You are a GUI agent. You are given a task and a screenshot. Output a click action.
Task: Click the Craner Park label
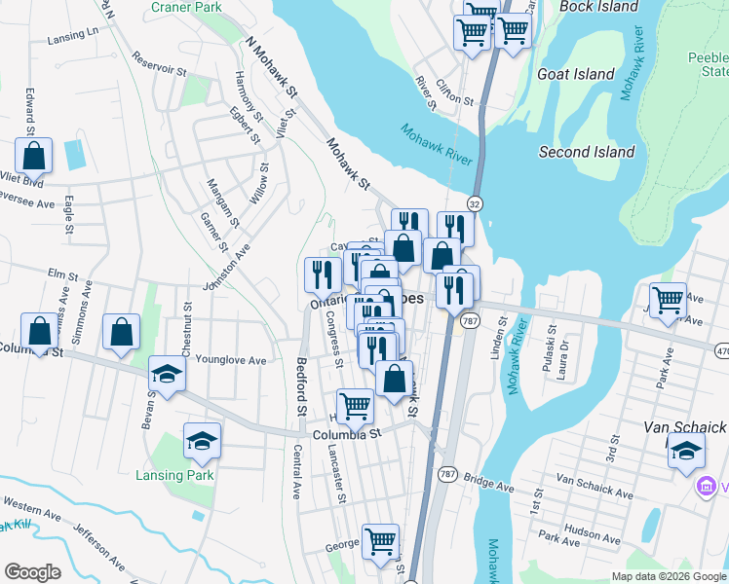pos(187,8)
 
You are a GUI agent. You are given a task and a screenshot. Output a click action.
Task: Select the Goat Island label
pos(576,74)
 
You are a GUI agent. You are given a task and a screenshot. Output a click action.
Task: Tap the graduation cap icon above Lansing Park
pos(202,441)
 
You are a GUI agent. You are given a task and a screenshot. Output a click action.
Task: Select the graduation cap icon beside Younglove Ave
pos(167,374)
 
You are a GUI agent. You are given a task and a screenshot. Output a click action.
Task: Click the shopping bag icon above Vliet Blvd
pos(34,155)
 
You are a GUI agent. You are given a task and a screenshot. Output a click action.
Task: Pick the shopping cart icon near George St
pos(380,541)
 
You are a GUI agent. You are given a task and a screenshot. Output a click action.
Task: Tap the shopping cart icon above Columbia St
pos(356,406)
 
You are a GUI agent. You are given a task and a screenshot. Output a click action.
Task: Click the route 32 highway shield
pos(475,203)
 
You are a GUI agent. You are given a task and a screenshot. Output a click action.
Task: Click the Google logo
pos(32,572)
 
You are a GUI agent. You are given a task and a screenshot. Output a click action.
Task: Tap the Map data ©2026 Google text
pos(668,576)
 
